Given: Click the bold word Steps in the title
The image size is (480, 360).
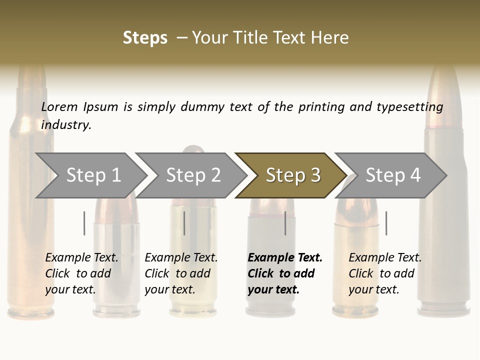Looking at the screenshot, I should point(145,38).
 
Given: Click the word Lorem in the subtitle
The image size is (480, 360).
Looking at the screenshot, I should point(59,107).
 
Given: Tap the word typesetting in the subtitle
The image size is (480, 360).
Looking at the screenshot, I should point(409,107).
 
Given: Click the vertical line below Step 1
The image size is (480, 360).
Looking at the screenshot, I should point(84,223).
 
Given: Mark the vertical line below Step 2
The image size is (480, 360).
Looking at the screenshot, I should point(184,223).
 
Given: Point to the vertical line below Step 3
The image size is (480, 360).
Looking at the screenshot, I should point(285,223).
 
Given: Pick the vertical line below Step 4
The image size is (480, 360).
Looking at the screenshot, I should point(386,223).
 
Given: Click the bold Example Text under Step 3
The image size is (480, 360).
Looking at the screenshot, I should point(285,258).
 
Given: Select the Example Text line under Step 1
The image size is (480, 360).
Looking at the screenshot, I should point(81,258).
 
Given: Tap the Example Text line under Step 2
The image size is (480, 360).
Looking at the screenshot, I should point(181,258).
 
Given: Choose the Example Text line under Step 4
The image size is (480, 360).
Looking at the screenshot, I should point(385,258).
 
